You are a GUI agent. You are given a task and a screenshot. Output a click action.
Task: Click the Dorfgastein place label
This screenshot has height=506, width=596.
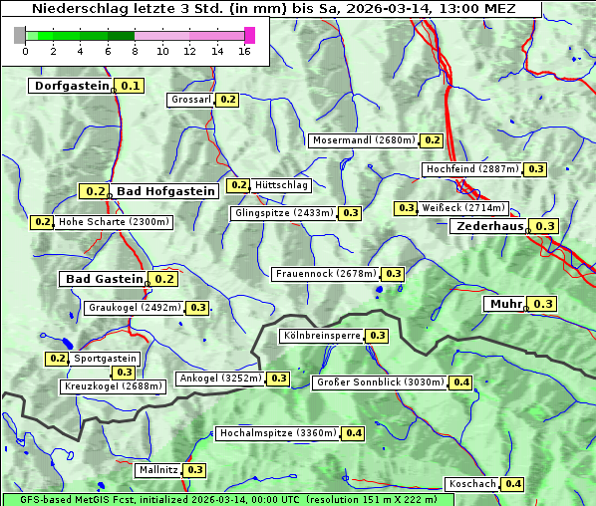click(71, 86)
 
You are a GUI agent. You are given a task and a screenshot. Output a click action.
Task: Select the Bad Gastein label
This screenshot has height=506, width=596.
click(105, 279)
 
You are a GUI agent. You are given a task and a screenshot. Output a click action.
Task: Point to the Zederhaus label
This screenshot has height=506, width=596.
click(489, 226)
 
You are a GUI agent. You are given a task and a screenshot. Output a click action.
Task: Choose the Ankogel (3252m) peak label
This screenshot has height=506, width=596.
click(219, 379)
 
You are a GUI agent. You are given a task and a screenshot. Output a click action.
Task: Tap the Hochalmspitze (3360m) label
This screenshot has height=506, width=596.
click(278, 433)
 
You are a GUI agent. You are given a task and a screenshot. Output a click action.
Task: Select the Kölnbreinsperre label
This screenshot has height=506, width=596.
click(322, 336)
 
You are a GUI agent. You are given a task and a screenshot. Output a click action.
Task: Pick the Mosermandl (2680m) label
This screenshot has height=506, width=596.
click(363, 140)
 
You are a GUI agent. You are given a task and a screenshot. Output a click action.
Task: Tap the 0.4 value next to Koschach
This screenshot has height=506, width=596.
click(512, 484)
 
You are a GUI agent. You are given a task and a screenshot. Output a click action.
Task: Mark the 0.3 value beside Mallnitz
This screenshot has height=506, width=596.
click(194, 469)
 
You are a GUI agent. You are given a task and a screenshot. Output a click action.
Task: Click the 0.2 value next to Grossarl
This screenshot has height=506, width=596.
click(228, 100)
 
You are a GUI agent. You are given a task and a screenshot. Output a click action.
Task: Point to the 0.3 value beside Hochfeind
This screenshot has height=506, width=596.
click(536, 169)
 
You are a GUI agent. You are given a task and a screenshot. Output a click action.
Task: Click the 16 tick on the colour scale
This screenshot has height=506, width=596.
click(244, 51)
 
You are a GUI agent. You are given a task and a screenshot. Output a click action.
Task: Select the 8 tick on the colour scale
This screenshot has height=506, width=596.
click(135, 51)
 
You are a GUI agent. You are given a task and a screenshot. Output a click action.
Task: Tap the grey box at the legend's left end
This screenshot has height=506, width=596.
click(20, 35)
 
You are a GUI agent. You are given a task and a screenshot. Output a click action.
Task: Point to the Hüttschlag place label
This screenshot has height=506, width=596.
click(281, 185)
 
